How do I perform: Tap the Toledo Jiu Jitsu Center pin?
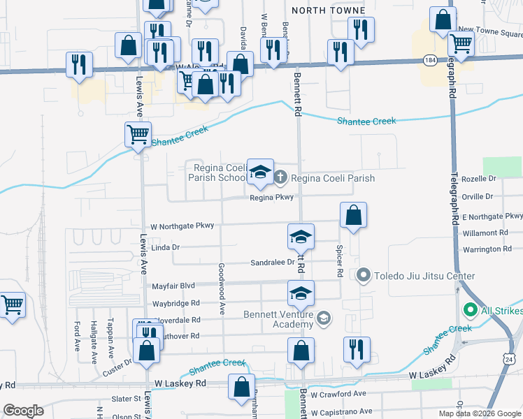363,276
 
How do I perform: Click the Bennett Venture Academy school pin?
323,319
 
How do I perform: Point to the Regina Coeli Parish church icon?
280,177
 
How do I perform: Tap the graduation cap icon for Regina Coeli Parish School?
261,172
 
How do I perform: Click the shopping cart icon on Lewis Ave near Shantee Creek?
138,133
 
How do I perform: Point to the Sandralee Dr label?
272,263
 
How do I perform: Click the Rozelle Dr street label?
478,180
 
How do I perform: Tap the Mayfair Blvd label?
173,286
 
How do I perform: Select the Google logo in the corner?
23,410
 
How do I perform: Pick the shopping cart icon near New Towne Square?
461,43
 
